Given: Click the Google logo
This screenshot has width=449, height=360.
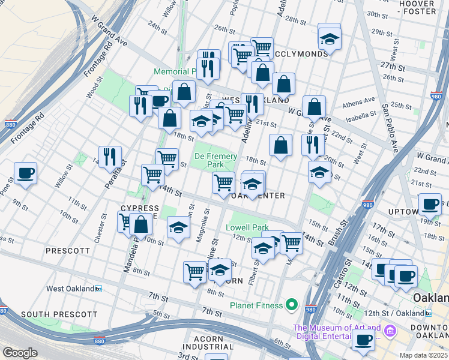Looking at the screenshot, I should click(20, 353).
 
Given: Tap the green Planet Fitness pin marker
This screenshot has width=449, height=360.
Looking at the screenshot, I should click(292, 305).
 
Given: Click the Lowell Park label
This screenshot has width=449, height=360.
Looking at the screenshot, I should click(247, 228).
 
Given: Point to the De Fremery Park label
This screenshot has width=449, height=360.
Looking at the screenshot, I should click(215, 160).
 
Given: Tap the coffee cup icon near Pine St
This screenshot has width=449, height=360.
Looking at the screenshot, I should click(25, 173).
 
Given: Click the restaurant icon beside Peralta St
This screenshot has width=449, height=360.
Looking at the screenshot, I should click(110, 157).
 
